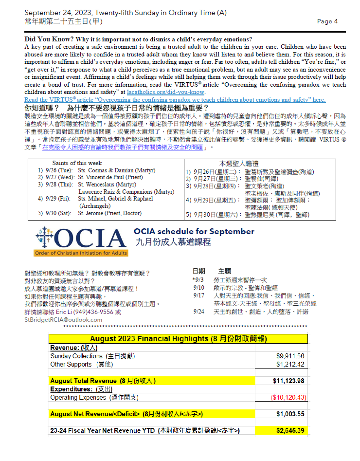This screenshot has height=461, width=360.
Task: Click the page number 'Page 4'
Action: pos(327,21)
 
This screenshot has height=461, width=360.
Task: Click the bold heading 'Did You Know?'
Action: pos(44,39)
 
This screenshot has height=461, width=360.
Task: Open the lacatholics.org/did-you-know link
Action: pos(165,92)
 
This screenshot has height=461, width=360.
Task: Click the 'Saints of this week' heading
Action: pos(77,163)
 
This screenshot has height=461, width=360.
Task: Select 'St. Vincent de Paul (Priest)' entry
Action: pos(117,178)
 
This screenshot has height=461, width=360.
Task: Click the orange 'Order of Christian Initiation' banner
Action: pos(81,253)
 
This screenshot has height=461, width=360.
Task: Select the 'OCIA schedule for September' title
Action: pos(195,231)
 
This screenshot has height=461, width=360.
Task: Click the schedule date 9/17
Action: pos(198,295)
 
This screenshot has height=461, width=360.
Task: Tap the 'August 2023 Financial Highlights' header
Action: pos(178,338)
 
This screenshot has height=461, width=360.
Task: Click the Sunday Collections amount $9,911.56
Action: pos(290,356)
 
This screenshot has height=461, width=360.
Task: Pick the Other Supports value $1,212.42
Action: pos(290,364)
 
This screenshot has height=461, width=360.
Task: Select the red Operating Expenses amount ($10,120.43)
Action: pos(288,397)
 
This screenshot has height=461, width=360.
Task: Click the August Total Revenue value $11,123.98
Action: pos(288,381)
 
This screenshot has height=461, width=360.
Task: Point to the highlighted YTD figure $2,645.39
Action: pos(290,431)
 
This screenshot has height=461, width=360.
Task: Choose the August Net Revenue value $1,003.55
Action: pos(290,414)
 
